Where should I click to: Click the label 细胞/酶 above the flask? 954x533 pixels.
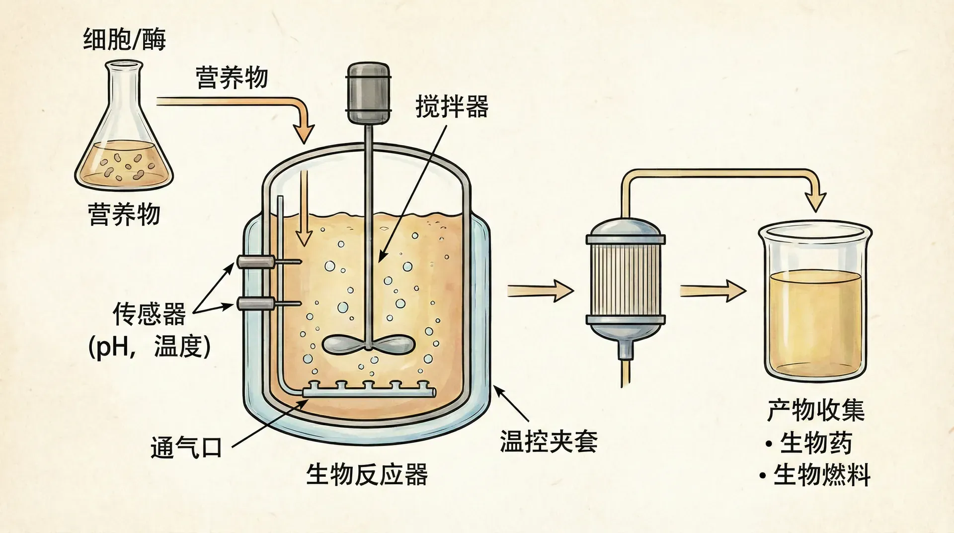click(124, 39)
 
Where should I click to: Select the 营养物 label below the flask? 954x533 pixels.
click(124, 214)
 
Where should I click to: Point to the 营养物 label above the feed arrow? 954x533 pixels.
click(232, 78)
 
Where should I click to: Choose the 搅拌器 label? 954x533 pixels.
click(452, 106)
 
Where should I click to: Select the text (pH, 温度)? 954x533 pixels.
click(149, 347)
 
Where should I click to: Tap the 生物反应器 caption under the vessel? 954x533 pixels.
click(367, 474)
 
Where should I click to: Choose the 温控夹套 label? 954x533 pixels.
click(549, 441)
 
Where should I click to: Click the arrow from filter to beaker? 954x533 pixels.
click(713, 290)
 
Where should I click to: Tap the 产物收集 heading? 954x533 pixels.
click(816, 411)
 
